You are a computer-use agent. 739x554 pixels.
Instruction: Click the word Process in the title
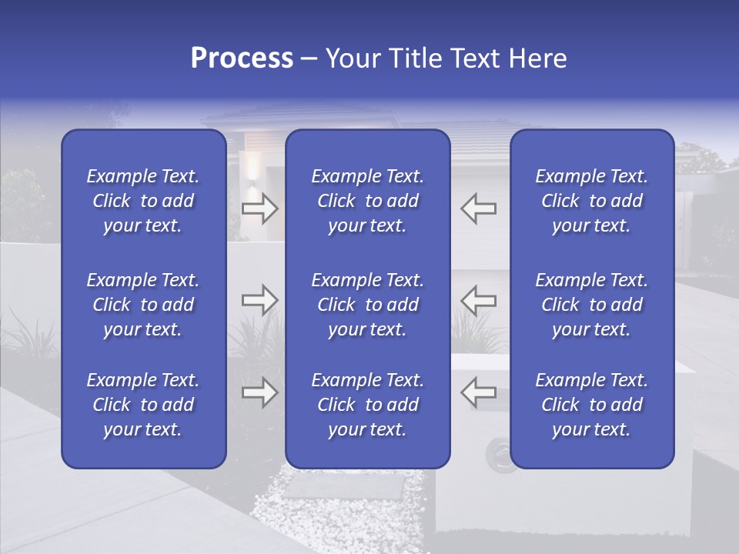[242, 58]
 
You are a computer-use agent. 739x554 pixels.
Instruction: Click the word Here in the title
[537, 58]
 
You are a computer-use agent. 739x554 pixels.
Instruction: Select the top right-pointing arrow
[259, 209]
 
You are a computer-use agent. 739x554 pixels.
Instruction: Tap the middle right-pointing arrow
[259, 300]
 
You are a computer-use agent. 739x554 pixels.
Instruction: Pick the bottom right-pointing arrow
[259, 392]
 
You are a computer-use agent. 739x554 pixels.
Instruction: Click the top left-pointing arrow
[479, 209]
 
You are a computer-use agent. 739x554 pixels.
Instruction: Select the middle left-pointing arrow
[479, 300]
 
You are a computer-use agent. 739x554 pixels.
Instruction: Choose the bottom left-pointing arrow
[479, 392]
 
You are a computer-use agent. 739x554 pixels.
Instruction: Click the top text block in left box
[143, 201]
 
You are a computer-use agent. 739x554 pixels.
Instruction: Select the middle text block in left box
[143, 305]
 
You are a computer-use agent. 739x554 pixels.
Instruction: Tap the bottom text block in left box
[143, 405]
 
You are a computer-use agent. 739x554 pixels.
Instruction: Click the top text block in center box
[367, 201]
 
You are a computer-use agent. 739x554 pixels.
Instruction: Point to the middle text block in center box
[367, 305]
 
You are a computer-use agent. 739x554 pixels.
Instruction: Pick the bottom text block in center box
[367, 405]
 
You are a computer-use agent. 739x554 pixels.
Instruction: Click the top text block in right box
[591, 201]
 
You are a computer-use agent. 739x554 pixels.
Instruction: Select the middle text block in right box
[591, 305]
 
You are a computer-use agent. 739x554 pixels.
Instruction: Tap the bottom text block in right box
[591, 405]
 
